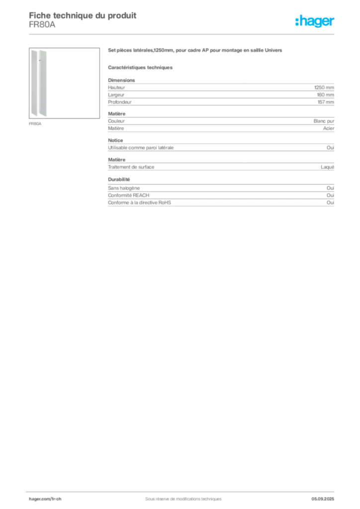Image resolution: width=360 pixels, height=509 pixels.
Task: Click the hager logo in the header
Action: pyautogui.click(x=314, y=21)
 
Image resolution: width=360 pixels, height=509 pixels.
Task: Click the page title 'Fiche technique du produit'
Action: pyautogui.click(x=83, y=15)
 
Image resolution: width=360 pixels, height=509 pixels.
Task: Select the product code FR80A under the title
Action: pyautogui.click(x=42, y=25)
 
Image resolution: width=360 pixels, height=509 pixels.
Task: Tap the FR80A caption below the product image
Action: pyautogui.click(x=35, y=124)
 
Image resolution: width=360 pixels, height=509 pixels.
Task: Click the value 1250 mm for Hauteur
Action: pyautogui.click(x=324, y=87)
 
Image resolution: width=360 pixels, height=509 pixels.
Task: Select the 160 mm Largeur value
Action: pyautogui.click(x=325, y=95)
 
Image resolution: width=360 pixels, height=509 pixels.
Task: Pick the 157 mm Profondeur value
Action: pyautogui.click(x=326, y=102)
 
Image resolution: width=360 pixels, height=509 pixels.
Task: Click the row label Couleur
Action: pyautogui.click(x=116, y=121)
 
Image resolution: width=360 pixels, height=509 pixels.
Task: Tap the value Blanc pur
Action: pyautogui.click(x=324, y=121)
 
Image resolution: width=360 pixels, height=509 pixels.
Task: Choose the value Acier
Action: pyautogui.click(x=329, y=128)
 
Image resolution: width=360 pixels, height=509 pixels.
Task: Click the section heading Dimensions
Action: pyautogui.click(x=121, y=80)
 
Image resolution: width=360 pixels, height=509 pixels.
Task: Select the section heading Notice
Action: pyautogui.click(x=115, y=140)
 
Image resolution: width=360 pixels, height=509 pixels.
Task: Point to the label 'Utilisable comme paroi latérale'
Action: pyautogui.click(x=141, y=148)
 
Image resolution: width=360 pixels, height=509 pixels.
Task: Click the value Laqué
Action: pyautogui.click(x=327, y=167)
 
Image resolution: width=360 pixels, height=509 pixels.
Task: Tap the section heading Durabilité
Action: pyautogui.click(x=119, y=179)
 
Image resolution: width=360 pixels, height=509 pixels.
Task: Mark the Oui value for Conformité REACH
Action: pyautogui.click(x=330, y=195)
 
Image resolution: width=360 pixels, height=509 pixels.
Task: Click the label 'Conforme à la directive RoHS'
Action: pyautogui.click(x=140, y=203)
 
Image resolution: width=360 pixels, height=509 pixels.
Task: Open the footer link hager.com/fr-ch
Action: pyautogui.click(x=45, y=499)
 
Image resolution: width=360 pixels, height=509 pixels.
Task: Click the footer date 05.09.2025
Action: pyautogui.click(x=323, y=499)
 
